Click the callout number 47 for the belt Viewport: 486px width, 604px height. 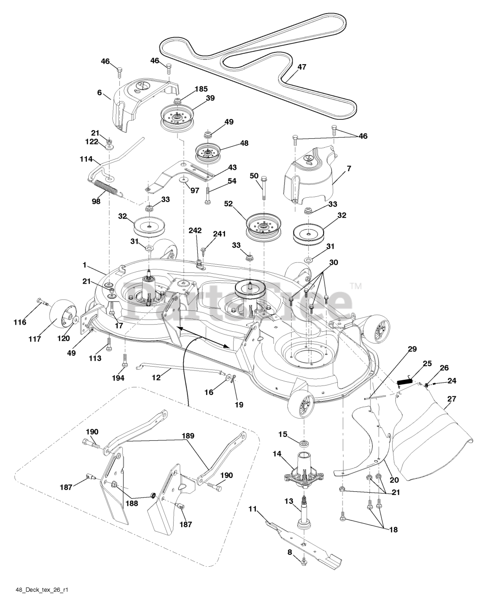(302, 67)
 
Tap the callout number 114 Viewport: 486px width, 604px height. (87, 159)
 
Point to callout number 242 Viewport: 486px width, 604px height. (195, 231)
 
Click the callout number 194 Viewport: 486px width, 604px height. (118, 378)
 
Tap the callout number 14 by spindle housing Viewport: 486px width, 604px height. (277, 454)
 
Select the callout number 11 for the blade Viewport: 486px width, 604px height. (252, 509)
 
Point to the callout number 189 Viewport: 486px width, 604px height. (189, 436)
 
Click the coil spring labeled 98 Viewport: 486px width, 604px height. (113, 187)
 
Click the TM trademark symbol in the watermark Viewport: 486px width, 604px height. (356, 285)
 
